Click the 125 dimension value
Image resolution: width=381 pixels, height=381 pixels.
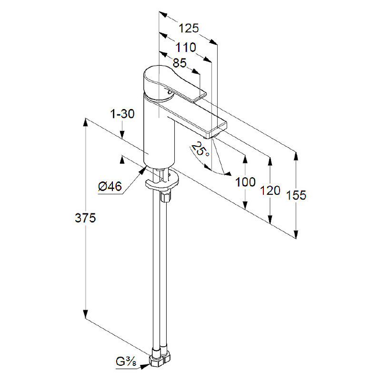[189, 28]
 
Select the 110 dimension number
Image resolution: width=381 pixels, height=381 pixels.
[186, 47]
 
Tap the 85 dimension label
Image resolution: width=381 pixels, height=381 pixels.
[180, 63]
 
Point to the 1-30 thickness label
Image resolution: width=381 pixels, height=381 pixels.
[122, 114]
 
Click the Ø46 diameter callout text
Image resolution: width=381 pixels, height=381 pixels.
[110, 187]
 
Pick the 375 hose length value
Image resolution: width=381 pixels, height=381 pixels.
[85, 218]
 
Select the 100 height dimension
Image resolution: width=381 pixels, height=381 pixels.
[245, 182]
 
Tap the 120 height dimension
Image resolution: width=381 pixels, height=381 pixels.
[270, 190]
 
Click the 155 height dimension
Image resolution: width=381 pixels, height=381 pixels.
[296, 195]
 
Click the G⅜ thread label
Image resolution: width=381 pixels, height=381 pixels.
[126, 362]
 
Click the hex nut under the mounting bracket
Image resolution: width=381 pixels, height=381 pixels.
[166, 196]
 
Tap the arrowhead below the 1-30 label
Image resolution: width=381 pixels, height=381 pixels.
[122, 134]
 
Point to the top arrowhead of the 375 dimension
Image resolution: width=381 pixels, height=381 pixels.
[85, 122]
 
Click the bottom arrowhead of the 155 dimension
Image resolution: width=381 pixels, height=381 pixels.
[296, 234]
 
